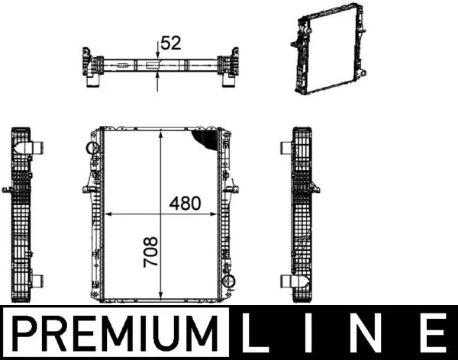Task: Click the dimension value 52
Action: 171,43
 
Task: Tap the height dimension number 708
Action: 152,251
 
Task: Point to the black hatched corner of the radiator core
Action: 206,138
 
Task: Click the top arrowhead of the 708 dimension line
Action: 160,133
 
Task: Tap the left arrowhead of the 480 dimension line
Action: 106,214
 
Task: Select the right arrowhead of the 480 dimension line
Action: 216,214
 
